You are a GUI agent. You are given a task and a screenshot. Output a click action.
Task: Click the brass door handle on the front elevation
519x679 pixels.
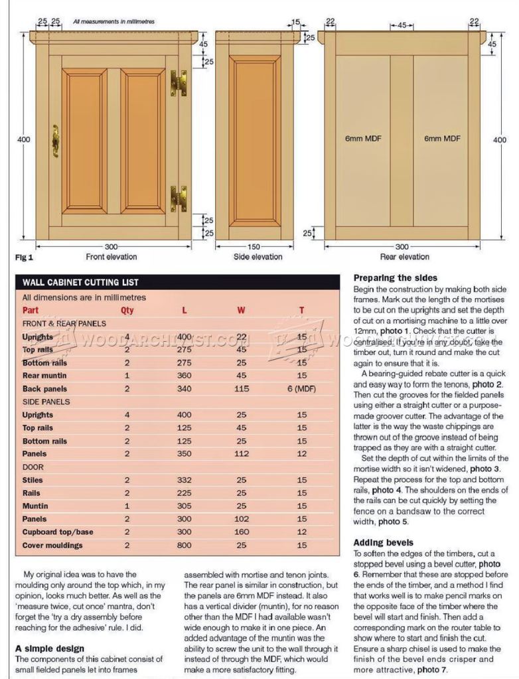(x=55, y=140)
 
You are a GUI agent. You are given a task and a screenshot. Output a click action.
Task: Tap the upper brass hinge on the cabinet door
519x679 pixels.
(x=178, y=83)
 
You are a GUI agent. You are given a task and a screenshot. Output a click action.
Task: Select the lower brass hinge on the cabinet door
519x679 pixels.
(x=178, y=198)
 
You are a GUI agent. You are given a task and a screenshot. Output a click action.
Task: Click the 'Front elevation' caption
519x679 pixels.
(x=111, y=257)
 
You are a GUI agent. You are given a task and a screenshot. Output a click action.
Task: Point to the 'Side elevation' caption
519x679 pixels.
(x=256, y=257)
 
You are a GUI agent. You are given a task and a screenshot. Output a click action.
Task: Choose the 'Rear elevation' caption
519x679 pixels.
(x=404, y=257)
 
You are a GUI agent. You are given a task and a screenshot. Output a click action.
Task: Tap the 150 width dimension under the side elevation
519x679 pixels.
(x=256, y=246)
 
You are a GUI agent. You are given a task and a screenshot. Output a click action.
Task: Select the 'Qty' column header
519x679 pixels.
(x=127, y=310)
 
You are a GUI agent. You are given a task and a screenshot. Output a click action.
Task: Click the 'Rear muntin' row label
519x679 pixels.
(x=43, y=376)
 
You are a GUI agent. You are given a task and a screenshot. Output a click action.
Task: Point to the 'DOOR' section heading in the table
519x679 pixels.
(x=33, y=467)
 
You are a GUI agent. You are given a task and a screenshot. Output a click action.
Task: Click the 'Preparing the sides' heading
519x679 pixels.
(x=396, y=278)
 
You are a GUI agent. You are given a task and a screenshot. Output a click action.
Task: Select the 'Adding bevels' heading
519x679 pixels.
(x=384, y=543)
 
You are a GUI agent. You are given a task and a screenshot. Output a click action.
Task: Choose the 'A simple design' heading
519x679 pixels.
(x=50, y=648)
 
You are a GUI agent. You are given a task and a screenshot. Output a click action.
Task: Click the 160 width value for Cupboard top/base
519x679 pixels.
(x=242, y=532)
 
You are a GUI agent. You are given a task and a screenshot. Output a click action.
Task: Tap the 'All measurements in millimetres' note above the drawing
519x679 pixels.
(x=114, y=22)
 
